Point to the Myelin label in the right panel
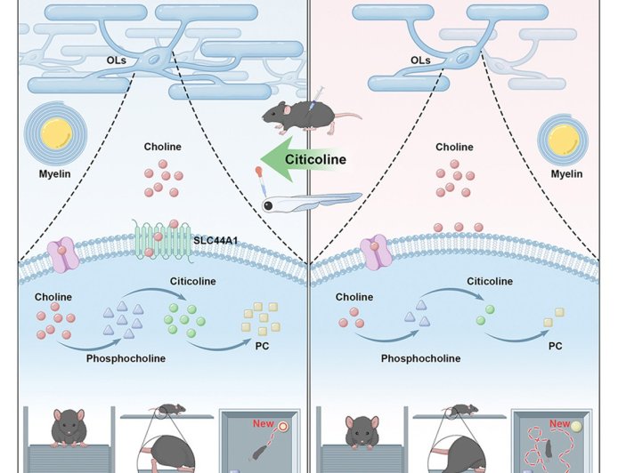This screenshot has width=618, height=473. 566,173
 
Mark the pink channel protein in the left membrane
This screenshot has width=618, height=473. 62,253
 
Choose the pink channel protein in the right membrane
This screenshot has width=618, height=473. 376,253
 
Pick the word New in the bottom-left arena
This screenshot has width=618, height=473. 264,424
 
